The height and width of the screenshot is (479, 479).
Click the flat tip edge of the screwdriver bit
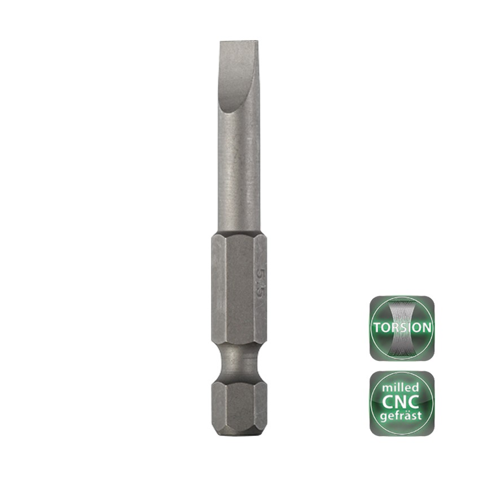(x=239, y=41)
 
